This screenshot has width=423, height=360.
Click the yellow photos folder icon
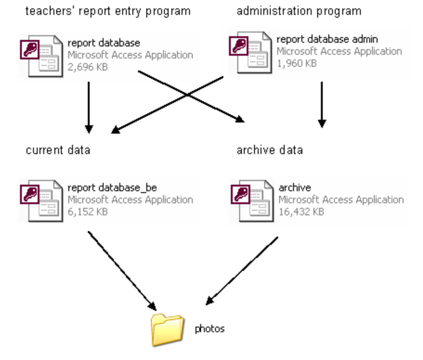167,329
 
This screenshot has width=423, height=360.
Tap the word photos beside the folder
209,329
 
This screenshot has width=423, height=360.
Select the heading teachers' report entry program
108,11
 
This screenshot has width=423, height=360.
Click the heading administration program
299,11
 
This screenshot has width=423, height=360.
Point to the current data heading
58,150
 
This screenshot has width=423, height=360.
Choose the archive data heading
270,150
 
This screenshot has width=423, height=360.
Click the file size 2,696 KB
88,67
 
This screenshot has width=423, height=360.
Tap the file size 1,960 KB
297,63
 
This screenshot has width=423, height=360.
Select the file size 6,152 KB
88,212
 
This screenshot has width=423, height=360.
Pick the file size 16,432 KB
301,212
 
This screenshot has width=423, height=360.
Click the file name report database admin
327,39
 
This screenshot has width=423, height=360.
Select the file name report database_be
112,187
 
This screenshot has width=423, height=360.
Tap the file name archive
295,187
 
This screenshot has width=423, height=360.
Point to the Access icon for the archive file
251,200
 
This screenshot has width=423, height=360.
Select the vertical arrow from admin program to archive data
322,104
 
